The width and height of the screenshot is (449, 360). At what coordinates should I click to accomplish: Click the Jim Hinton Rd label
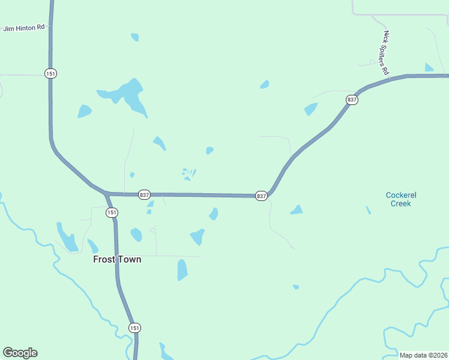pyautogui.click(x=25, y=28)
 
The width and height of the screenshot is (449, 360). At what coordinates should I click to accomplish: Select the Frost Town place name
pyautogui.click(x=117, y=259)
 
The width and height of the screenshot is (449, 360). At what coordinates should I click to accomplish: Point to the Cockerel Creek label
pyautogui.click(x=401, y=199)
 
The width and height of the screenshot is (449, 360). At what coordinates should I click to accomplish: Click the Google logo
pyautogui.click(x=20, y=353)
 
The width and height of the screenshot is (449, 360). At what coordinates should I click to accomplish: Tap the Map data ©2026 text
pyautogui.click(x=423, y=355)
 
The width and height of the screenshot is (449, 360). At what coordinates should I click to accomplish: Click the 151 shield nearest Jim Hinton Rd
pyautogui.click(x=50, y=73)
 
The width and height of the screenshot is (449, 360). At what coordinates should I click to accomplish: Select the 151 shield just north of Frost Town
pyautogui.click(x=112, y=212)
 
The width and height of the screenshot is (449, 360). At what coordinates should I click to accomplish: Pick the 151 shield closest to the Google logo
pyautogui.click(x=135, y=328)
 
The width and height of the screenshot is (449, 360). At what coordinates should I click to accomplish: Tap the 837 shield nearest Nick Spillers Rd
pyautogui.click(x=352, y=100)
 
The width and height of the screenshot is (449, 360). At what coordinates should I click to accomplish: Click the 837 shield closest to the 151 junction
pyautogui.click(x=144, y=195)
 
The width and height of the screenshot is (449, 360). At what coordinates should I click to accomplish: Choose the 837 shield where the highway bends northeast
pyautogui.click(x=261, y=196)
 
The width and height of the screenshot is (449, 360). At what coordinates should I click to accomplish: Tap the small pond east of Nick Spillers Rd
pyautogui.click(x=429, y=67)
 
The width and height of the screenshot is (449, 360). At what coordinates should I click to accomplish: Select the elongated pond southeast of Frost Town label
pyautogui.click(x=182, y=270)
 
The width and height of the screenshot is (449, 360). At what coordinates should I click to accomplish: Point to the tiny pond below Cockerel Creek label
pyautogui.click(x=368, y=210)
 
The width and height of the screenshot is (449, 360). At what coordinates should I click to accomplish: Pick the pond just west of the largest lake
pyautogui.click(x=84, y=111)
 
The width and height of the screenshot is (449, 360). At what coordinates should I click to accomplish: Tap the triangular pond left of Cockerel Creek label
pyautogui.click(x=297, y=209)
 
